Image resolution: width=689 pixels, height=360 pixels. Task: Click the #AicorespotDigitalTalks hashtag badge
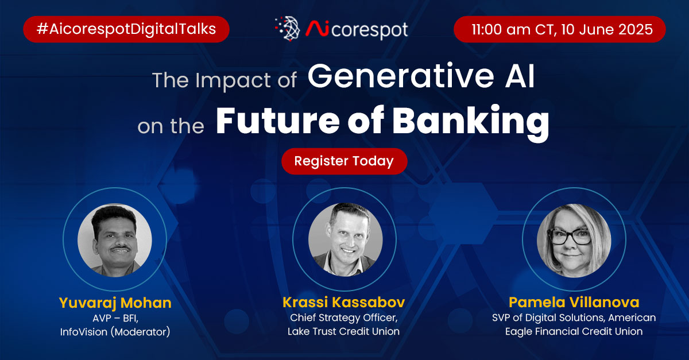pyautogui.click(x=126, y=29)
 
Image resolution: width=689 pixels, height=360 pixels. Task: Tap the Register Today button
pyautogui.click(x=344, y=161)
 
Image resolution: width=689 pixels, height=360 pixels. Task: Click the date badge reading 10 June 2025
pyautogui.click(x=559, y=29)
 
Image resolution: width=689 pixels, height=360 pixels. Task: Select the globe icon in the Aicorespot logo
pyautogui.click(x=288, y=29)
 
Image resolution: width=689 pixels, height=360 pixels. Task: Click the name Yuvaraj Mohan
pyautogui.click(x=114, y=302)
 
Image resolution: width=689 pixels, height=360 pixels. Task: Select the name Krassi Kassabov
pyautogui.click(x=344, y=302)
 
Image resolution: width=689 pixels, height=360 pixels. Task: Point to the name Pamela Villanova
pyautogui.click(x=574, y=302)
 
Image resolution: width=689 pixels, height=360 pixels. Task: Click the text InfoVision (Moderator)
pyautogui.click(x=114, y=331)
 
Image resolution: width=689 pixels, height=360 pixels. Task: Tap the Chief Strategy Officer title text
pyautogui.click(x=344, y=318)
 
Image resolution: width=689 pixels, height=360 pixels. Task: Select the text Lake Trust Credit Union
pyautogui.click(x=344, y=331)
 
